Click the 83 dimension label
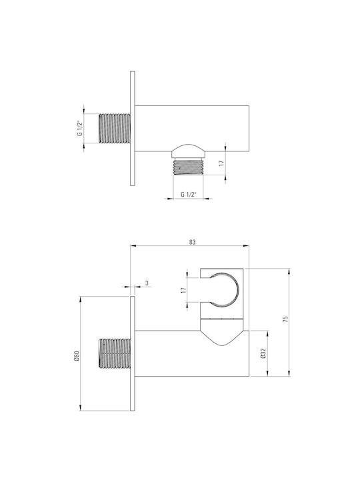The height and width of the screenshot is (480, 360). pos(192,242)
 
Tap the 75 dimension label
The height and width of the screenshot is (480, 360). pos(285,319)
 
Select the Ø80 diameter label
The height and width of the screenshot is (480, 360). pos(77,356)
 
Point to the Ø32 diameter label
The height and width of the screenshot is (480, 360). pos(263,353)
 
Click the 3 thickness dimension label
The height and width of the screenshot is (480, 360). pos(147,283)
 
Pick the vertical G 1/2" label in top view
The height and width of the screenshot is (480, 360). pos(79,128)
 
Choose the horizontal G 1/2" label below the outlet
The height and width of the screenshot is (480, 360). pos(188,195)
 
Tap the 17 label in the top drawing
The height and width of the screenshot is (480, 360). pos(221,163)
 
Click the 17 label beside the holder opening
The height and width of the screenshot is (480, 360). pos(183,290)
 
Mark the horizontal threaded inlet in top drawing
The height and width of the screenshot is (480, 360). pos(115,128)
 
